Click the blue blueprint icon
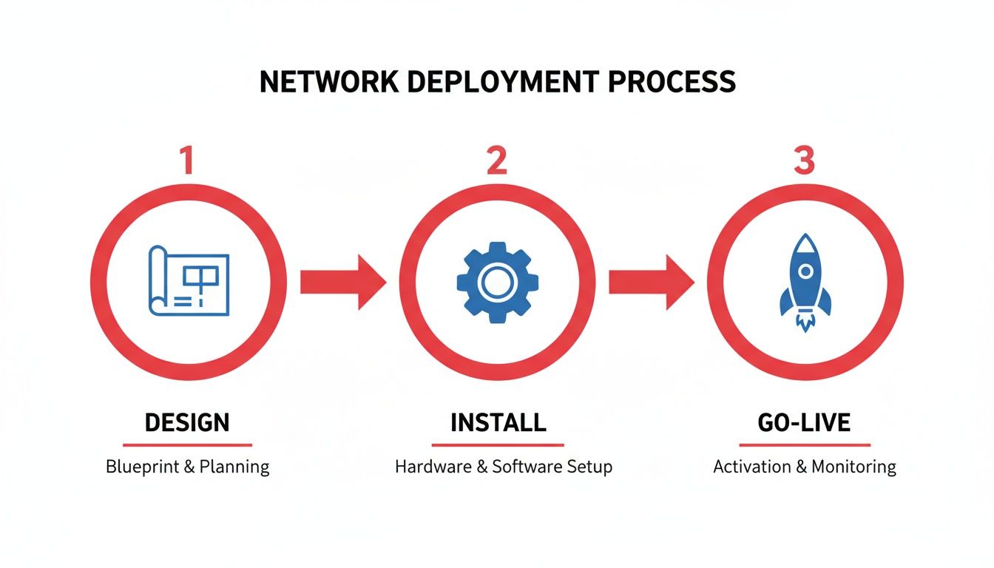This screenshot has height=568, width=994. coord(189,282)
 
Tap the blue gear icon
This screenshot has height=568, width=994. coord(497,282)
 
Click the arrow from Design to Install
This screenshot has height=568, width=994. coord(342,282)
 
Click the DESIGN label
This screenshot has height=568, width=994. coord(187,423)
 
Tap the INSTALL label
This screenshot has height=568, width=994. coord(498,423)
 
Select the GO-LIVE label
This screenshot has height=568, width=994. coord(804,423)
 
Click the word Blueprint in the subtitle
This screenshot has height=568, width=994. coord(138,467)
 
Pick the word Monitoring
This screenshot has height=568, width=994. coord(853,467)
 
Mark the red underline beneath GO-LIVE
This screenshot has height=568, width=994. coord(805,445)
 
